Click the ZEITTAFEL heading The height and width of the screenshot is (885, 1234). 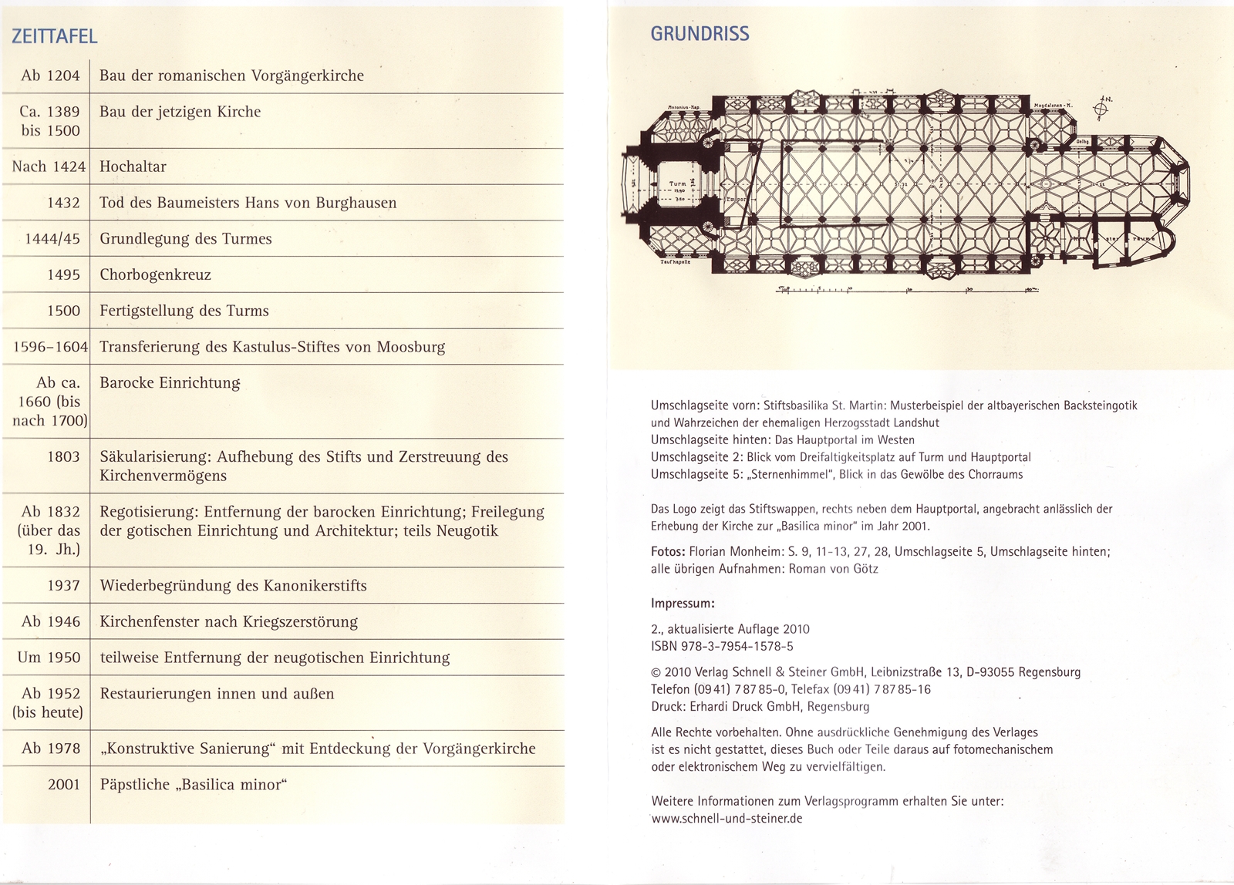(54, 36)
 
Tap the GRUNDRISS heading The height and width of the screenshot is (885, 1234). (700, 34)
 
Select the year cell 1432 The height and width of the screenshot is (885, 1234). (63, 203)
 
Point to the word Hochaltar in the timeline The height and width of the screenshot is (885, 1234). (133, 167)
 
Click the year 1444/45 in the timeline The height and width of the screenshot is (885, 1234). (52, 239)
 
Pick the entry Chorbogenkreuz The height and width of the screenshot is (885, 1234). (155, 275)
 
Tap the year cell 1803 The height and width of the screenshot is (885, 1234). (63, 456)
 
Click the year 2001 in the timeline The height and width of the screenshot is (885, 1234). (63, 785)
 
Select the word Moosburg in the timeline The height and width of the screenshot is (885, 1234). (410, 347)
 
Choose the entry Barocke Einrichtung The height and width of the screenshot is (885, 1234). (170, 383)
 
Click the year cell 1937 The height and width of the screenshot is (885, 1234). (63, 586)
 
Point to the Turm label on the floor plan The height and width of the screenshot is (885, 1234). (677, 184)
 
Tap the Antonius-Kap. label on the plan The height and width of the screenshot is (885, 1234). (683, 107)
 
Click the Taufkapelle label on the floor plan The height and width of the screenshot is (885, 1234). (675, 262)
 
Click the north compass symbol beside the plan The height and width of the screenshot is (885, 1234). (1101, 109)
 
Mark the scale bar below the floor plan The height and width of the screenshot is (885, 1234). (907, 291)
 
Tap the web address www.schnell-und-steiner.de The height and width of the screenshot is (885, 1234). (727, 819)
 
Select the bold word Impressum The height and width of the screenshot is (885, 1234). (683, 604)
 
